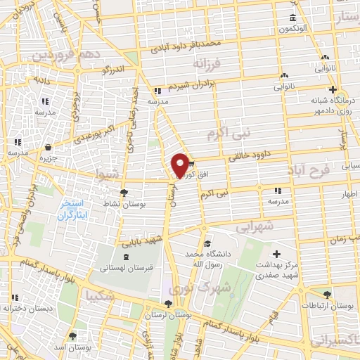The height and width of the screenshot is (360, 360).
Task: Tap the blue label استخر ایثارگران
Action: tap(70, 211)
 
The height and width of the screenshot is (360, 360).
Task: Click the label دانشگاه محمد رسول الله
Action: tap(207, 257)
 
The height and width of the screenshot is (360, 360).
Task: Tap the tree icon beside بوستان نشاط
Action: tap(124, 193)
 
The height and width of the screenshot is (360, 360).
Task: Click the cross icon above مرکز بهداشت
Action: tap(276, 254)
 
